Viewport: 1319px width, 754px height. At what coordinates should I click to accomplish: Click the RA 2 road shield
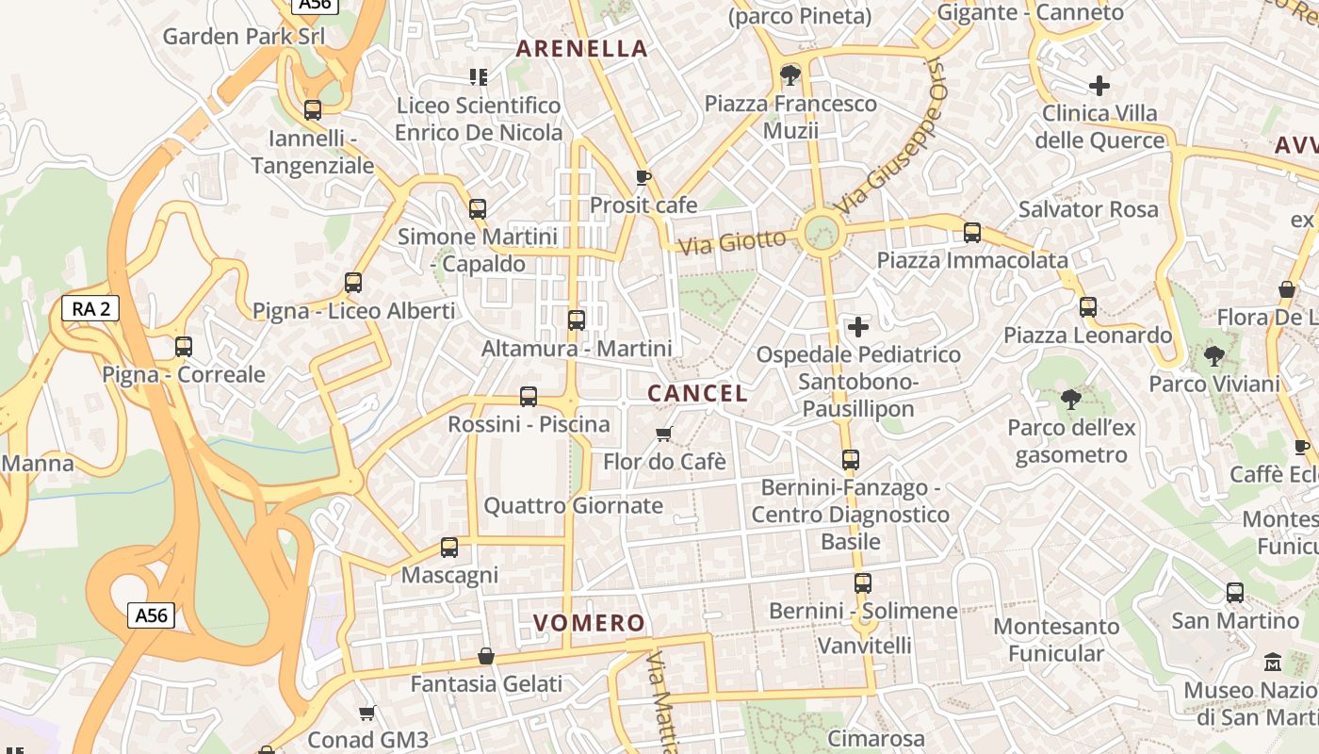pos(90,308)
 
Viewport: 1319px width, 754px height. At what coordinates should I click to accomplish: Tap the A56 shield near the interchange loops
pos(151,615)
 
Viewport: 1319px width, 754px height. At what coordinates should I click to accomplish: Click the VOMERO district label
pos(589,623)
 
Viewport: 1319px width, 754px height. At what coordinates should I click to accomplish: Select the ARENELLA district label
pos(582,49)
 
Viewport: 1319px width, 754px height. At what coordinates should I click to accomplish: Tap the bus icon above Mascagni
pos(449,548)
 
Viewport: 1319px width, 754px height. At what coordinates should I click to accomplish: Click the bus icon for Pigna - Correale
pos(184,347)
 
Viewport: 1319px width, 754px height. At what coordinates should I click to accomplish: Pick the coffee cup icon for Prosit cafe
pos(643,177)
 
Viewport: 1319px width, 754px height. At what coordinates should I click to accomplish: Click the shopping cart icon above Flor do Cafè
pos(664,434)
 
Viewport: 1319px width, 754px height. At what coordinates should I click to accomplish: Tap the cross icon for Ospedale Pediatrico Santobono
pos(858,327)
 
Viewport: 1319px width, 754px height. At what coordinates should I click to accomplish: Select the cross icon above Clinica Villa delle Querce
pos(1099,86)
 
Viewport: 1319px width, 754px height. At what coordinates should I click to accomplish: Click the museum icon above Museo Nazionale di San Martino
pos(1273,663)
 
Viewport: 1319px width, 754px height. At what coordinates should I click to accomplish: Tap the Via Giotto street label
pos(732,242)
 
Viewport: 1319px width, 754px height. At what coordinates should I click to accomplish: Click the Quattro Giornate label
pos(573,506)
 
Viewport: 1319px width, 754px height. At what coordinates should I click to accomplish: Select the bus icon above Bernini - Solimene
pos(862,583)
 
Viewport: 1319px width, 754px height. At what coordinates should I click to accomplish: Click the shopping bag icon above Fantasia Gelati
pos(486,656)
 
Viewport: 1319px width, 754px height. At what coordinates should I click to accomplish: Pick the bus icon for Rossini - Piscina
pos(529,397)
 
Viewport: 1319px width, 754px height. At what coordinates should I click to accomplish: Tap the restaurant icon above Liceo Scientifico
pos(478,77)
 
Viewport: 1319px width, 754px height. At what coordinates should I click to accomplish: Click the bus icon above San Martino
pos(1234,593)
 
